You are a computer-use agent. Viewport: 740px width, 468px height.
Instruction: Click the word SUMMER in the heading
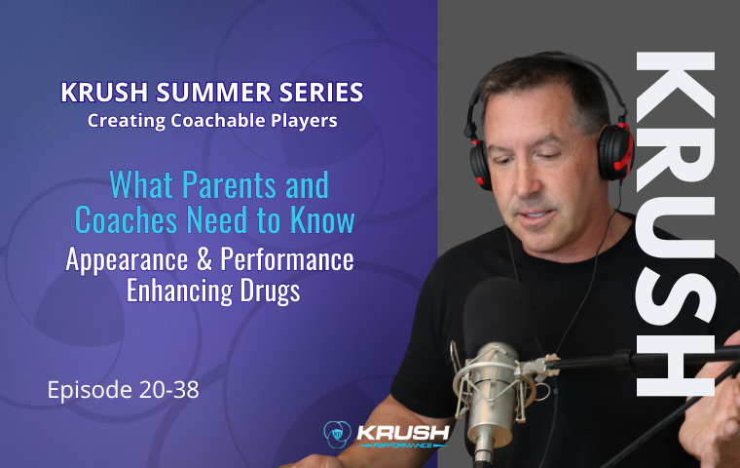pyautogui.click(x=214, y=93)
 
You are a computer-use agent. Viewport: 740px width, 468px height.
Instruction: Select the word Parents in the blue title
pyautogui.click(x=229, y=184)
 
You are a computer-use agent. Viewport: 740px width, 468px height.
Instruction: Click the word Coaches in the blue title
pyautogui.click(x=127, y=219)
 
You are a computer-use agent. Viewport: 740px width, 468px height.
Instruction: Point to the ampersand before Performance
pyautogui.click(x=204, y=259)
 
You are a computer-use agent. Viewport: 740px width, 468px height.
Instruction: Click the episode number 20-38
pyautogui.click(x=169, y=390)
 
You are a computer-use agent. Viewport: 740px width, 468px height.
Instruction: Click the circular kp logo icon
pyautogui.click(x=338, y=435)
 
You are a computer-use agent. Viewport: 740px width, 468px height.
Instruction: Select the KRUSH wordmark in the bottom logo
pyautogui.click(x=402, y=432)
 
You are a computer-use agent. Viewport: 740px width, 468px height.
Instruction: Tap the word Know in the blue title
pyautogui.click(x=322, y=219)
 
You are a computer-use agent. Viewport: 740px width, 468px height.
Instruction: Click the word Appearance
pyautogui.click(x=127, y=260)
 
